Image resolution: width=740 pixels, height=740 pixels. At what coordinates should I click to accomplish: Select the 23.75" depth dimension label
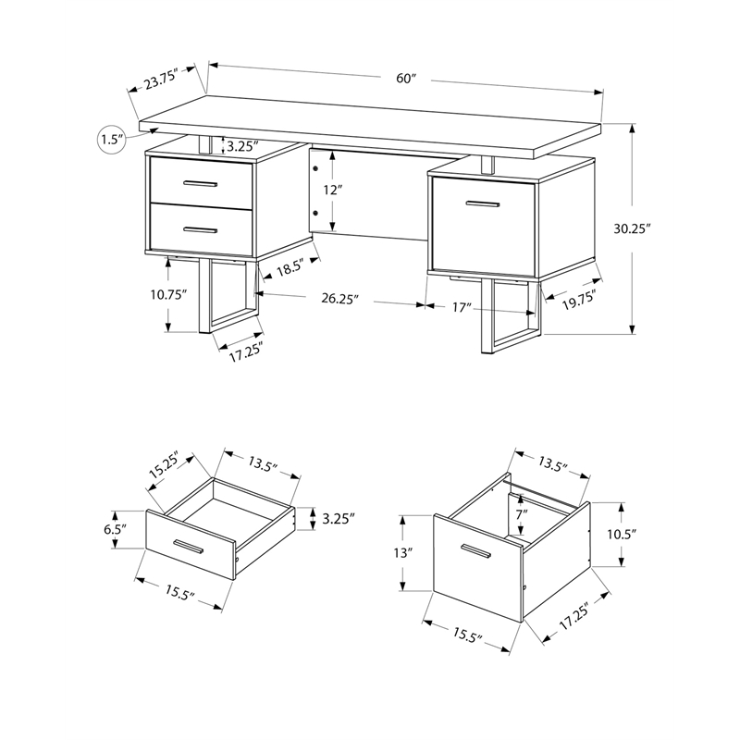pyautogui.click(x=167, y=80)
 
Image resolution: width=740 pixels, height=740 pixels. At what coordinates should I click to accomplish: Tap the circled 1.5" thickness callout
pyautogui.click(x=111, y=140)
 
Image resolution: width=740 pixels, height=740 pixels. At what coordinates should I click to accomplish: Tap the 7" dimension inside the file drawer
pyautogui.click(x=523, y=514)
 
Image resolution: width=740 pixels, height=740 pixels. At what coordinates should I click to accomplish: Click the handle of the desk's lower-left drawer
pyautogui.click(x=200, y=229)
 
